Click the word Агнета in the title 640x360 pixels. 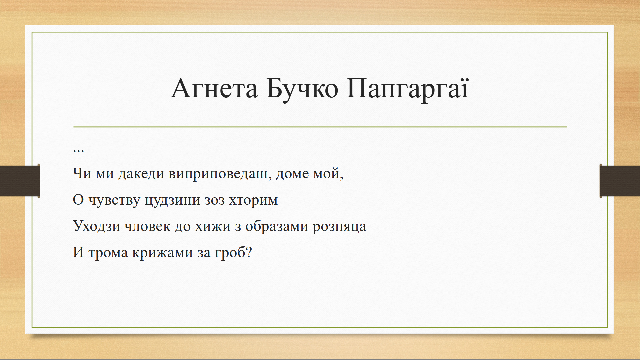click(214, 89)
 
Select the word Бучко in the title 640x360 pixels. click(302, 90)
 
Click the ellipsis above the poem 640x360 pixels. click(78, 151)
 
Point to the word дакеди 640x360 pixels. click(141, 174)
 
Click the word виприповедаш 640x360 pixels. click(220, 174)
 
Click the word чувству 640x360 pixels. click(114, 201)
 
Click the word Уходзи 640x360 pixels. click(97, 226)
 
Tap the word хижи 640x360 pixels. click(213, 226)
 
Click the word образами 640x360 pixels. click(277, 226)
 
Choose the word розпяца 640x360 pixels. click(339, 227)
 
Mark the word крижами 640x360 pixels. click(162, 253)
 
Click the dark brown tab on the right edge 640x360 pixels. click(620, 181)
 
